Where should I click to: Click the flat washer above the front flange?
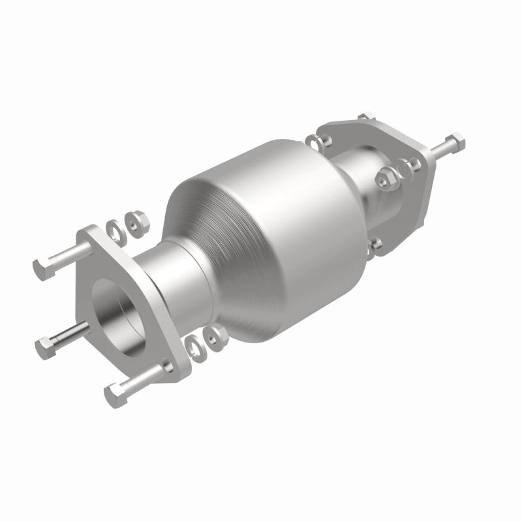114,227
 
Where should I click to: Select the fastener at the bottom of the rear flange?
376,245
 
